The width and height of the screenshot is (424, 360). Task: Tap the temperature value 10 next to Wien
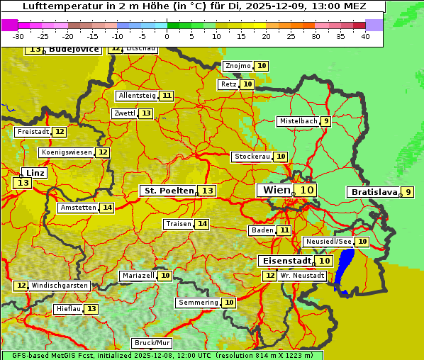point(306,190)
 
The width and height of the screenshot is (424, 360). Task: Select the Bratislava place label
point(372,192)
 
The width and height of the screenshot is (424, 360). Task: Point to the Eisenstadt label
point(285,261)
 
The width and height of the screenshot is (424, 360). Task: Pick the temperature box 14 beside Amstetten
point(107,208)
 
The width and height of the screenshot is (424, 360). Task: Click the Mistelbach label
point(298,121)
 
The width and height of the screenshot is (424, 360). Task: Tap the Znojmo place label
point(238,66)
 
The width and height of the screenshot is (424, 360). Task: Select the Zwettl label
point(124,113)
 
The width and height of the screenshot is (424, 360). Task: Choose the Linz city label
point(35,173)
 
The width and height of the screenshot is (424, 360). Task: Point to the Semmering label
point(198,303)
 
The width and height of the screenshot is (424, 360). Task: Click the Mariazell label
point(138,275)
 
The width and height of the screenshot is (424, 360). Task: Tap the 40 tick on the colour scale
point(365,36)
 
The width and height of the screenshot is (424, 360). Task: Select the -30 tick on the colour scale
point(18,36)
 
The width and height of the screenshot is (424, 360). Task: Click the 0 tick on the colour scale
point(167,36)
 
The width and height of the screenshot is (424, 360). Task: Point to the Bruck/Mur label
point(152,343)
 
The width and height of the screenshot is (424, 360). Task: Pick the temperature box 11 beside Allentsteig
point(167,96)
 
